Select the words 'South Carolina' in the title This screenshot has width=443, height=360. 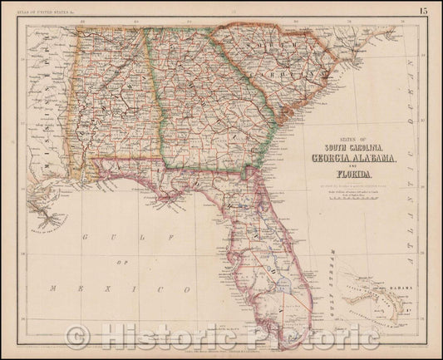(x=356, y=145)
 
